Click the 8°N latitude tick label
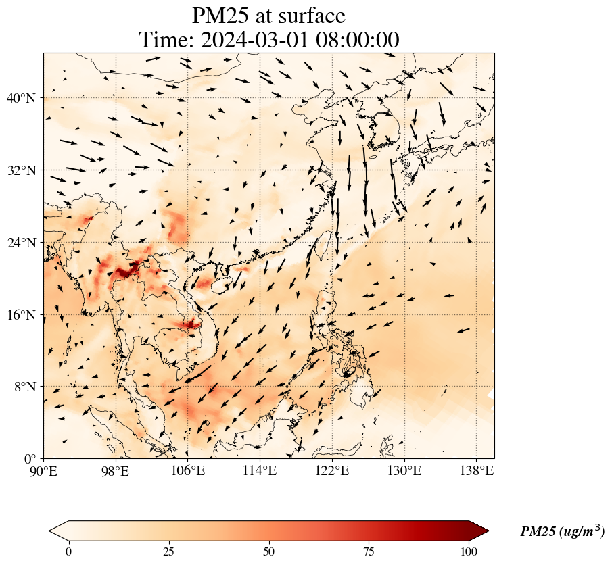[24, 387]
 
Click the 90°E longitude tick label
[44, 470]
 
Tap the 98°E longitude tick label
[116, 470]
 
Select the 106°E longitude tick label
[188, 470]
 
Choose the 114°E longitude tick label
[260, 470]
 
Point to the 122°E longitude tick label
[332, 470]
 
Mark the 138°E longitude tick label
[476, 470]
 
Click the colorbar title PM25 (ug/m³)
[562, 532]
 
